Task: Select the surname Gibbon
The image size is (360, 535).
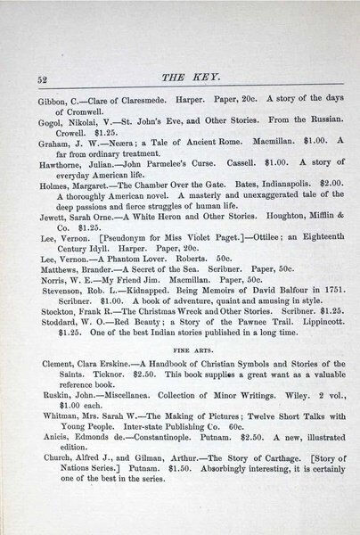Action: coord(50,101)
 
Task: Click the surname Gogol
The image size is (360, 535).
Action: coord(48,127)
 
